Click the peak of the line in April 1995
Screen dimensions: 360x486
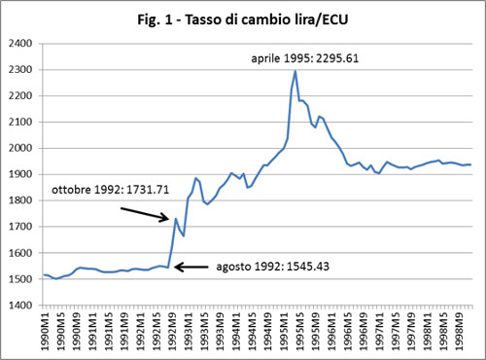295,71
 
